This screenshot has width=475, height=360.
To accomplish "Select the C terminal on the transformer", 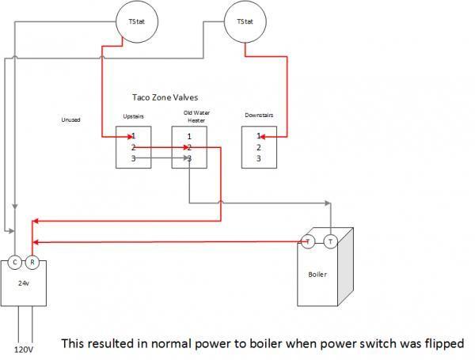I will (16, 262).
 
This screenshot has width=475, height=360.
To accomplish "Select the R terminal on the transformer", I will (32, 262).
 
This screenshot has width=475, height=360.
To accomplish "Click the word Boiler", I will (317, 275).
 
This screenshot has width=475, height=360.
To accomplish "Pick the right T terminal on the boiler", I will (330, 241).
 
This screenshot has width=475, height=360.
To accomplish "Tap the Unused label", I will (71, 120).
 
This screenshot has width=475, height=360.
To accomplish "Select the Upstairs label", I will (133, 117).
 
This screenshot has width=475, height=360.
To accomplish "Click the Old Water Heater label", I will (189, 116).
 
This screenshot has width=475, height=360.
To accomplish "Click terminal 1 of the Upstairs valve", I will (134, 136).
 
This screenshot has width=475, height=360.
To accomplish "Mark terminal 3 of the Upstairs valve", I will (134, 158).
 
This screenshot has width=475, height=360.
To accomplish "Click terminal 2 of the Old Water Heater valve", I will (189, 147).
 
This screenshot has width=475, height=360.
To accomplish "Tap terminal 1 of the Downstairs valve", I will (259, 136).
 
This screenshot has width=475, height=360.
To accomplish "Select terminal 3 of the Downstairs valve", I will (259, 158).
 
